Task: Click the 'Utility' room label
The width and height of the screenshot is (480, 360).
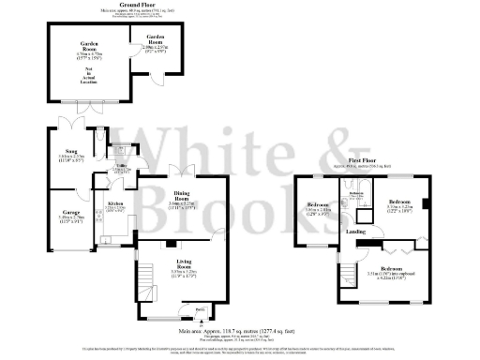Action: pyautogui.click(x=122, y=165)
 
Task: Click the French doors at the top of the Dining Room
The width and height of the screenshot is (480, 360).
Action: pyautogui.click(x=180, y=170)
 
